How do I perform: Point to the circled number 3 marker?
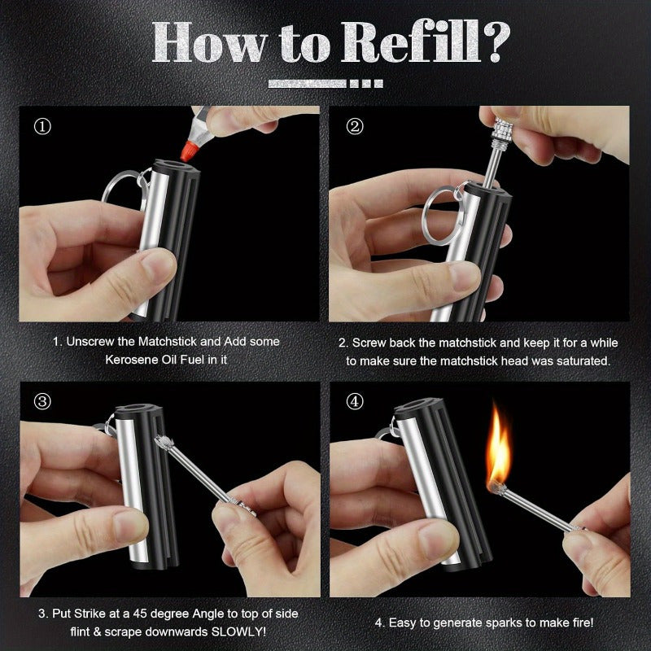[x=42, y=401]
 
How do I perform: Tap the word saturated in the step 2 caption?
[x=577, y=359]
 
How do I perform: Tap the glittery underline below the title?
[x=325, y=83]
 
